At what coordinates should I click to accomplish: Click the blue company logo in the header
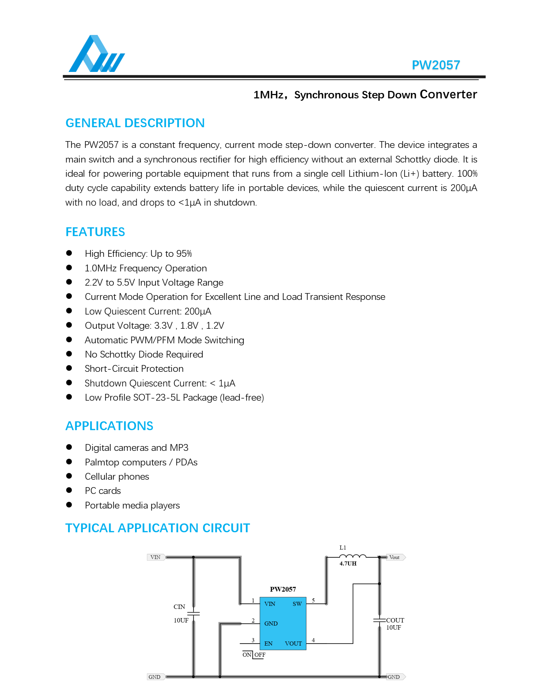97,54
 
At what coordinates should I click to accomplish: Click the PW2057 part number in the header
436,65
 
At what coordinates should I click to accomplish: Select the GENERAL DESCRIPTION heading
135,123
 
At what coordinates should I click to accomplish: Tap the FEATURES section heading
95,232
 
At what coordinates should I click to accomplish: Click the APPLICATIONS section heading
109,426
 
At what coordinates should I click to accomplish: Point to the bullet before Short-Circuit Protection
69,368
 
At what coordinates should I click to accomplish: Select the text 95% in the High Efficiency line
184,254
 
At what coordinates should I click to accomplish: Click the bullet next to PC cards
69,490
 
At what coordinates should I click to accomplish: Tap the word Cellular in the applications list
100,477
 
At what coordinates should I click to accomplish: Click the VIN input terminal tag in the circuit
156,557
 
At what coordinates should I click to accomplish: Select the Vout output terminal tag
395,557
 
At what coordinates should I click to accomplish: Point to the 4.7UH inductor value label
348,563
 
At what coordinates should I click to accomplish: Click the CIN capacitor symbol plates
193,613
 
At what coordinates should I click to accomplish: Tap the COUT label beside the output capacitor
395,620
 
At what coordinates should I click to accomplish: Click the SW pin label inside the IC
297,604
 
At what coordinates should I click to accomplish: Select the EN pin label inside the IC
268,644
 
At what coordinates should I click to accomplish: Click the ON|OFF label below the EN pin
254,655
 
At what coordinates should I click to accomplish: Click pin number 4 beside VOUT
313,640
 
